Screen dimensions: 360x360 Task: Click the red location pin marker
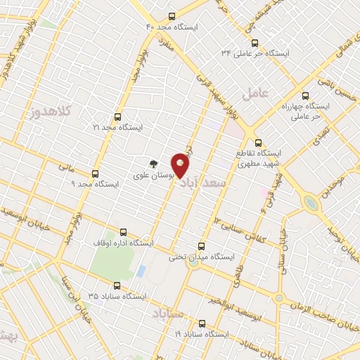(x=181, y=165)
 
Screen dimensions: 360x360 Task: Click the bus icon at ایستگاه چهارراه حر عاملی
(x=304, y=95)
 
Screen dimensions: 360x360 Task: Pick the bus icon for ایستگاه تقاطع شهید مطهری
(x=257, y=141)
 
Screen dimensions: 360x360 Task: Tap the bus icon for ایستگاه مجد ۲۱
(x=117, y=116)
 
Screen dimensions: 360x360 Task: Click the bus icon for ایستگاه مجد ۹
(x=96, y=172)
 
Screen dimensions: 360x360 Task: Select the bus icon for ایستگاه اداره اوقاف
(x=124, y=231)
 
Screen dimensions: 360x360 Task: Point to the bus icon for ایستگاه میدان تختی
(x=202, y=245)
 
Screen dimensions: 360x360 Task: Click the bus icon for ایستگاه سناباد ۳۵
(x=117, y=285)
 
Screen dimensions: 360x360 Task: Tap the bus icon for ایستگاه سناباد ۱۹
(x=202, y=323)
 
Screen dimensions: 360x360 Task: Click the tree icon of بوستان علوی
(x=153, y=162)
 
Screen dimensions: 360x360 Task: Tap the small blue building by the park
(x=141, y=271)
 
